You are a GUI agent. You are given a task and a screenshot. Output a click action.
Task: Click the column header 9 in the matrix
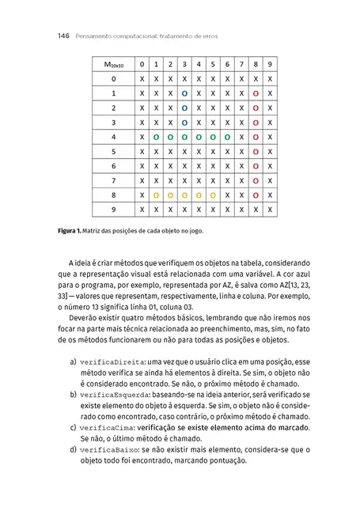click(x=270, y=64)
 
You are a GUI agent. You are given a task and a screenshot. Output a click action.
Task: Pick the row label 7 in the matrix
click(x=113, y=180)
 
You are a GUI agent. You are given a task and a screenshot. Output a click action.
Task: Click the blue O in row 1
click(x=184, y=93)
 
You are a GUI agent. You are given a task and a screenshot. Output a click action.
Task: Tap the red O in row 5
click(x=256, y=151)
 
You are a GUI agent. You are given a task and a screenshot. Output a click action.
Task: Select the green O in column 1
click(x=156, y=137)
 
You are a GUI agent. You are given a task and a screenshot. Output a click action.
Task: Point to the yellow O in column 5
click(x=213, y=195)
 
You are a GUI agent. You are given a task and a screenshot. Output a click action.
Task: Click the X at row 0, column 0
click(x=142, y=79)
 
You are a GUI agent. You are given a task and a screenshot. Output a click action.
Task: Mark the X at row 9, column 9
click(x=270, y=210)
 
